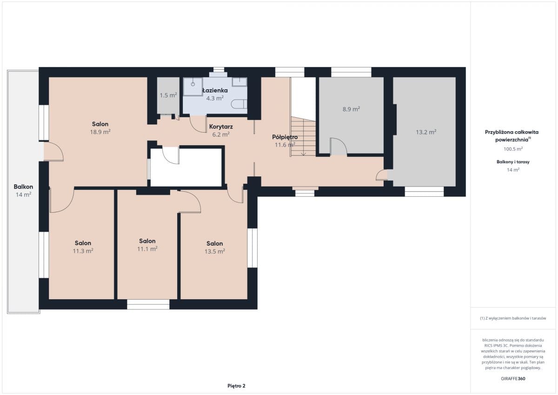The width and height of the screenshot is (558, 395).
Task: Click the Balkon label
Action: click(x=23, y=187)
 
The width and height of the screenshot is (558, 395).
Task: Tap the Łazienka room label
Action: click(x=215, y=90)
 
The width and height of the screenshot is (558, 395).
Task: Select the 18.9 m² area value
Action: click(x=100, y=132)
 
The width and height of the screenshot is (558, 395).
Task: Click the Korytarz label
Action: click(x=221, y=127)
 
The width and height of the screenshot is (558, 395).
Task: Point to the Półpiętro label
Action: click(x=285, y=137)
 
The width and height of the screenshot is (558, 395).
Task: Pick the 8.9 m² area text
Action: click(x=351, y=109)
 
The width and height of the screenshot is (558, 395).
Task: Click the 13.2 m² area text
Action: click(x=426, y=132)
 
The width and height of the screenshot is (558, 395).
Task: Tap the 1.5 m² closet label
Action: click(x=168, y=95)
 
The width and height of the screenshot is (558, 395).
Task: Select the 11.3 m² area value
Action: click(x=83, y=251)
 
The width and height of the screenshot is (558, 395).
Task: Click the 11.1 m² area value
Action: click(x=147, y=249)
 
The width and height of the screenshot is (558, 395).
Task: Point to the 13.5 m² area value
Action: click(x=215, y=251)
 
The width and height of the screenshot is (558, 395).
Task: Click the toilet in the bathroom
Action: click(x=239, y=104)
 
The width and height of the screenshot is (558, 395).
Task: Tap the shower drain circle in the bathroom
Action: click(x=193, y=84)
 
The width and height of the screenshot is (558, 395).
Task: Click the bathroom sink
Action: click(x=239, y=82)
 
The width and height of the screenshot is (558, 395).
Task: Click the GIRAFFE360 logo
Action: click(x=513, y=379)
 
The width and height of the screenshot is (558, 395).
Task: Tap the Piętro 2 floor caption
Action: click(x=236, y=386)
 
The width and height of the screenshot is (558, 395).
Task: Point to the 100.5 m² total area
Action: click(x=513, y=149)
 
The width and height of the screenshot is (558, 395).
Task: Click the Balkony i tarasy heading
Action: click(x=513, y=162)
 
